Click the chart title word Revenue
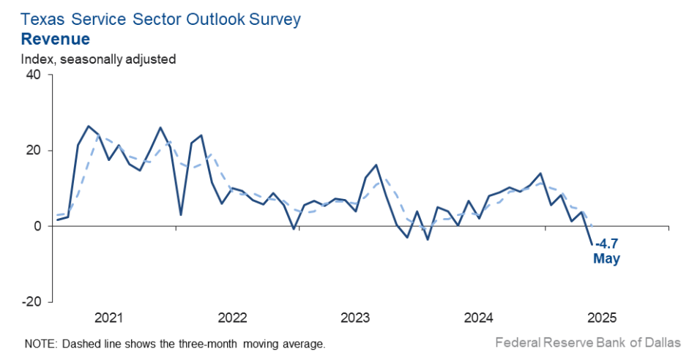coord(55,39)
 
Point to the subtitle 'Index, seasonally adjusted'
coord(98,59)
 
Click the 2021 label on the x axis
coord(109,318)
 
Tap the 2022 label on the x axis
coord(232,318)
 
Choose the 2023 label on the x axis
coord(356,318)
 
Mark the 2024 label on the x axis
coord(479,318)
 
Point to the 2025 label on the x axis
coord(602,318)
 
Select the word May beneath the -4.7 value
coord(606,259)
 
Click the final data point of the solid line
coord(592,244)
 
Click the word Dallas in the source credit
coord(662,342)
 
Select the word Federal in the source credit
coord(516,342)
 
